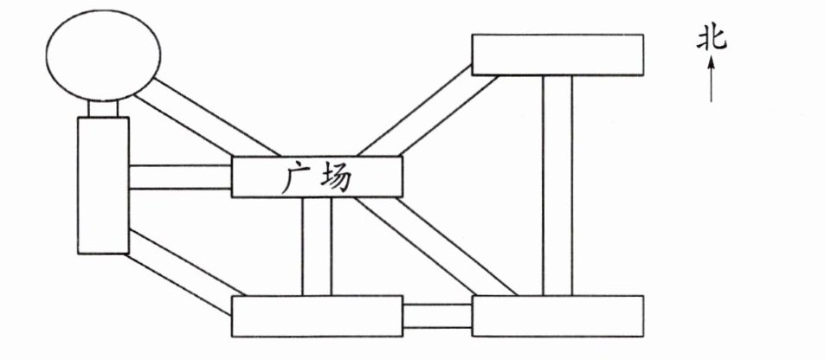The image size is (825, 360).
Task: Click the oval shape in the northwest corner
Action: (103, 55)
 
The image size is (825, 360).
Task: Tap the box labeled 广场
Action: (317, 177)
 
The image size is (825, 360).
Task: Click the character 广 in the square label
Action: (297, 178)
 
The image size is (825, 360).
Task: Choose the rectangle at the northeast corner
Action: (558, 55)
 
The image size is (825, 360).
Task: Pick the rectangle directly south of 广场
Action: (317, 316)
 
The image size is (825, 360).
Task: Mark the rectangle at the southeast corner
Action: (558, 316)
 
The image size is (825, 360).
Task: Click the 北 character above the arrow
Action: (712, 39)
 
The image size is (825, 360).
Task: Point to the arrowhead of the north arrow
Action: (712, 62)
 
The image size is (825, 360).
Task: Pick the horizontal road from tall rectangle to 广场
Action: (180, 177)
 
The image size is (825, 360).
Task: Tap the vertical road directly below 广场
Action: (317, 246)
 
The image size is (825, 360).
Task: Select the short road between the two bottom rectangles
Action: (437, 316)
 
